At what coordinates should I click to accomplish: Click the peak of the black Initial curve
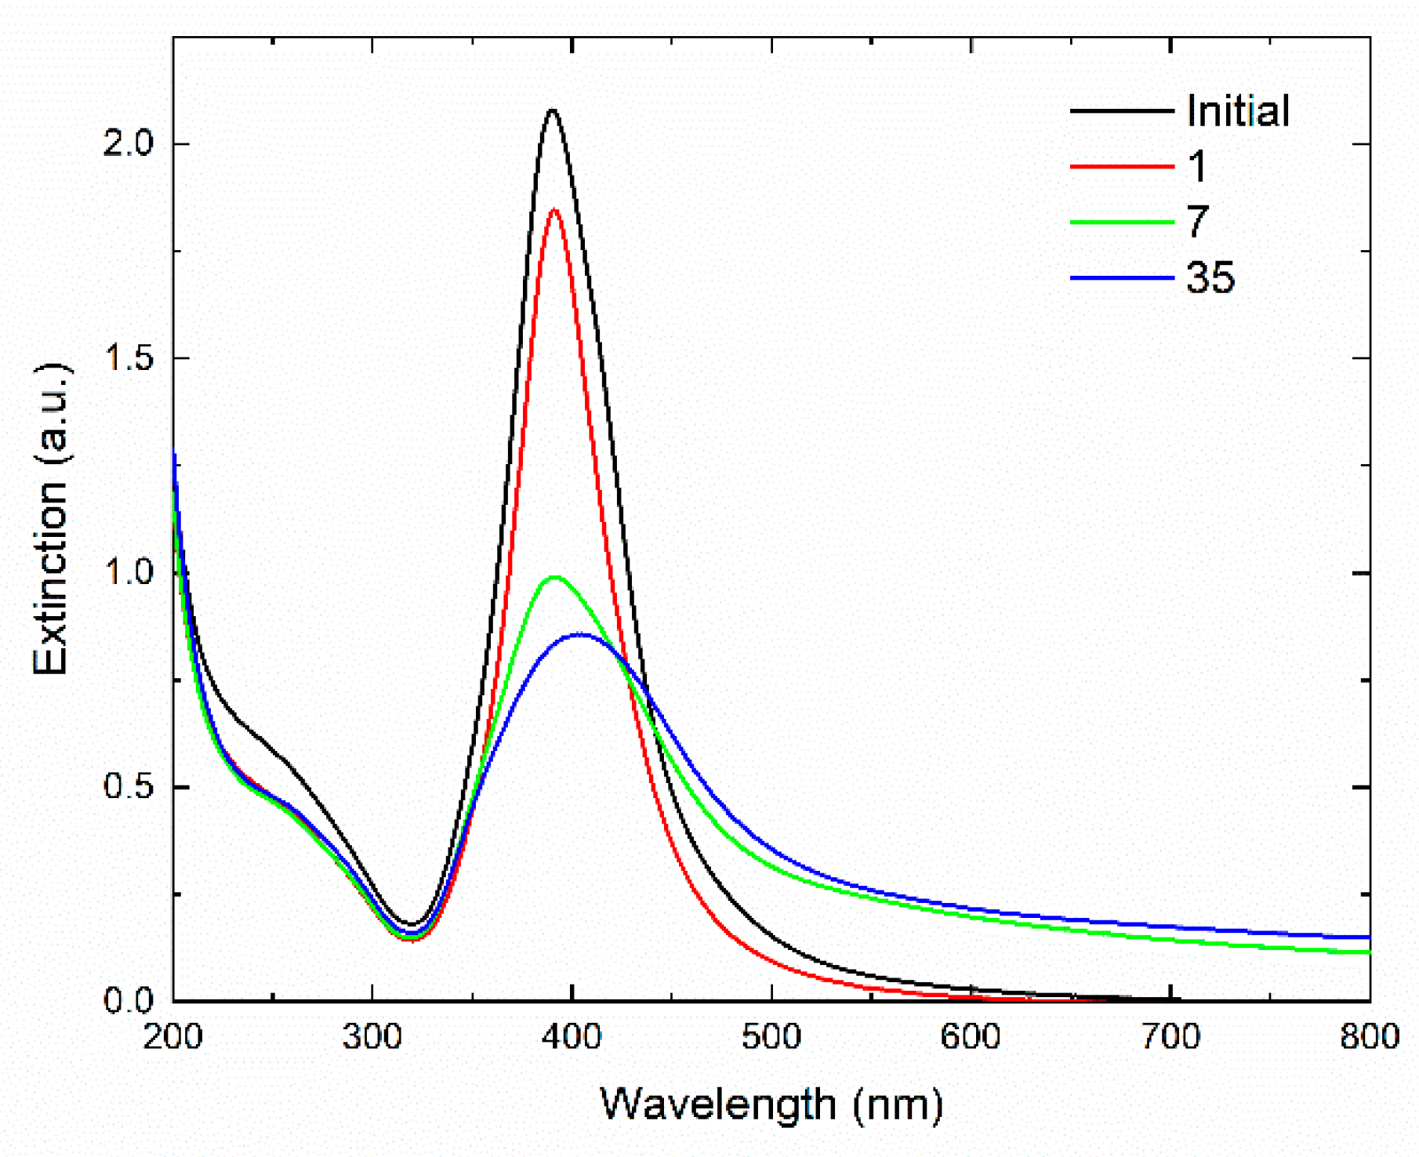553,111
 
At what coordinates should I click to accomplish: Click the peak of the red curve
555,210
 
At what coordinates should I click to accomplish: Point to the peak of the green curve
555,578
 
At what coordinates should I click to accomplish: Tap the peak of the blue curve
580,634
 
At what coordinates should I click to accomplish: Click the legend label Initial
1237,111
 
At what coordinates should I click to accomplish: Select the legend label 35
1210,277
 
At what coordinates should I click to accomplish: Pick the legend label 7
1197,222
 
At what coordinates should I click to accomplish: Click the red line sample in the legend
1121,167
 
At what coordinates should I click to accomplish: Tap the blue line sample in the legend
1121,277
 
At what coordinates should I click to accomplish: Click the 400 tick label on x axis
572,1037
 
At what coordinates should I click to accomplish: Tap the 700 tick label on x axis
1170,1037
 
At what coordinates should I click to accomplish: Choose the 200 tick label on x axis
173,1037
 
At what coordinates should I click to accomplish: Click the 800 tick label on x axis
1369,1037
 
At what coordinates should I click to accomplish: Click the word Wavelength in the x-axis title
718,1105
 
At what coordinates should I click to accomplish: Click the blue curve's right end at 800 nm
1369,938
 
